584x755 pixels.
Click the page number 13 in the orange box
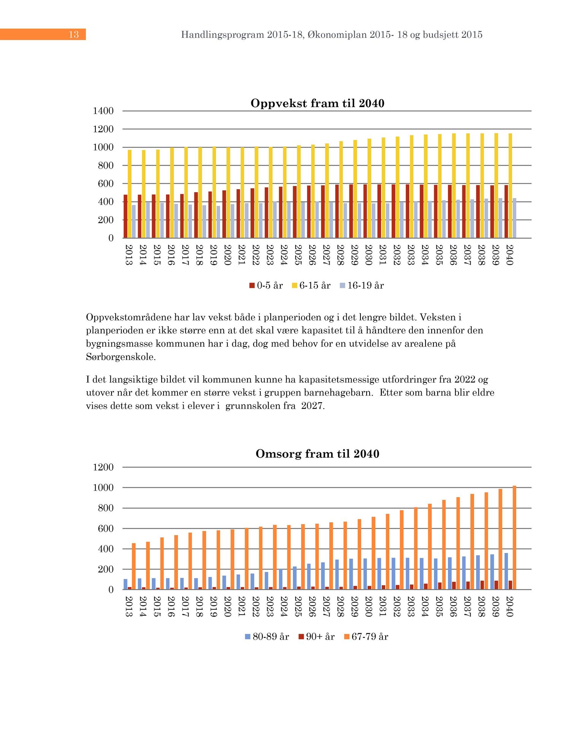point(74,35)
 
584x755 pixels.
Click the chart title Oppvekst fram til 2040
point(317,103)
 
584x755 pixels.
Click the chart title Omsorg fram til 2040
point(317,454)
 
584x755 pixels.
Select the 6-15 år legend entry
point(311,286)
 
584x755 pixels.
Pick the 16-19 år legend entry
point(362,286)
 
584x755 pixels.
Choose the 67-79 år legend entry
point(366,637)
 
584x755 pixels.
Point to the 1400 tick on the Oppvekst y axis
point(103,111)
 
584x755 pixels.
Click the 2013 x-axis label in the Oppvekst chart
point(129,255)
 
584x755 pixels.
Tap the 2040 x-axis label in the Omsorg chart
point(510,607)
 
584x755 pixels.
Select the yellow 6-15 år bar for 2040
point(510,186)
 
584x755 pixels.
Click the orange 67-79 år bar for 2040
point(514,538)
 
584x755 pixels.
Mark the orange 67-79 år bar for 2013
point(134,566)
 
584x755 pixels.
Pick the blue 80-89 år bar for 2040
point(506,571)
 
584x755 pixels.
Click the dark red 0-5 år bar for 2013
point(125,216)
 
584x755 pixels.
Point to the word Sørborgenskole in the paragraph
point(121,357)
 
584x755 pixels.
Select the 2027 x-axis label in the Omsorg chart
point(326,607)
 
